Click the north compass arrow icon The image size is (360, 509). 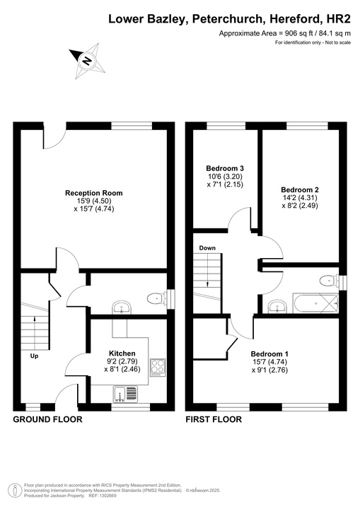pos(86,60)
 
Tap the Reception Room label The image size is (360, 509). pos(93,193)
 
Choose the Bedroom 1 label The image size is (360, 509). pos(269,353)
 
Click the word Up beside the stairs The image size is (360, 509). pos(34,356)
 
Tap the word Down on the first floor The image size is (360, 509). pos(207,248)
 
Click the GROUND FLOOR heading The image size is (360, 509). pos(48,419)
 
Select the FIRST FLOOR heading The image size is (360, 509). pos(214,419)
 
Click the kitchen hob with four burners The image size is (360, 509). pos(157,368)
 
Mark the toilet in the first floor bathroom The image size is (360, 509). pos(327,281)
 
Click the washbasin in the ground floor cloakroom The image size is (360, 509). pos(122,308)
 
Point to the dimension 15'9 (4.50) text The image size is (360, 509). pos(94,201)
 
